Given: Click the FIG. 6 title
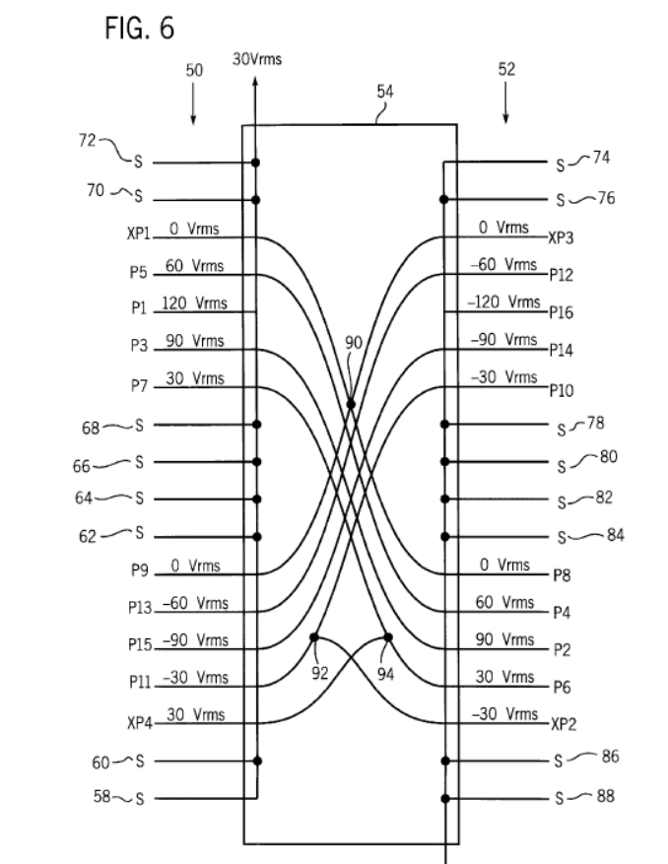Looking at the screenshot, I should point(139,29).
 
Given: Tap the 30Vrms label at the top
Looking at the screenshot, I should point(257,59).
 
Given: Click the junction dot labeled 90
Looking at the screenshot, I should point(351,404).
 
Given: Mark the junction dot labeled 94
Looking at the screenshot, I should point(387,636).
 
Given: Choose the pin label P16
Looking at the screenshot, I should point(562,311).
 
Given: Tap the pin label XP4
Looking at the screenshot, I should point(141,722).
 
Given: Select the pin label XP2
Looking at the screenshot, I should point(563,722).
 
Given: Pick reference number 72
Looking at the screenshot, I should point(87,141).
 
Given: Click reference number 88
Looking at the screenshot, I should point(604,795).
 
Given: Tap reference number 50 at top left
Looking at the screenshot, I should point(194,70).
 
